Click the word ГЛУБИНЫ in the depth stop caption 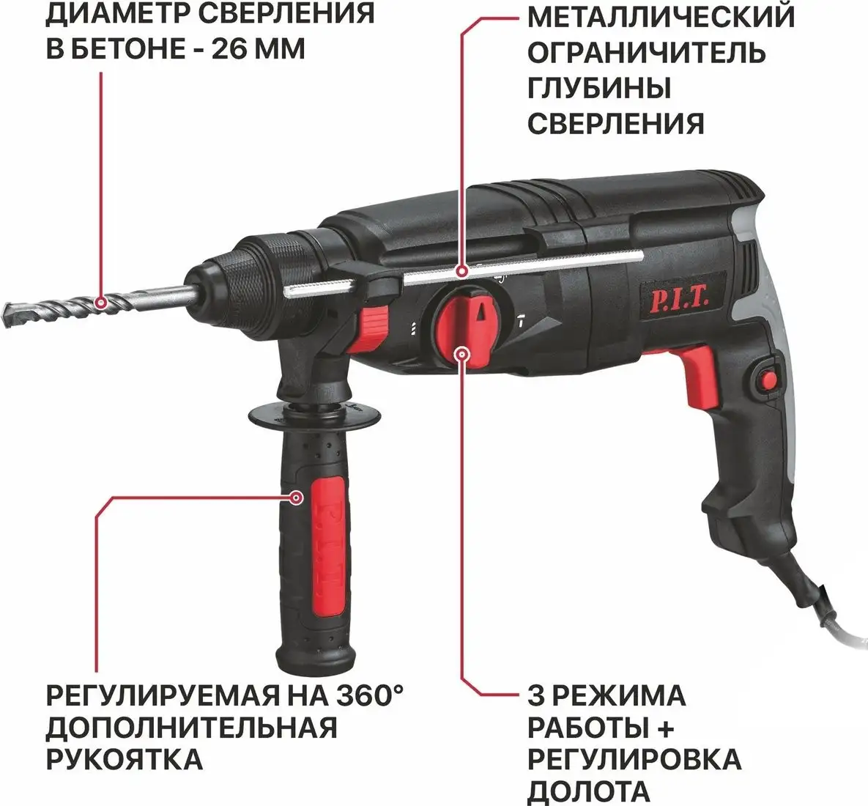click(599, 87)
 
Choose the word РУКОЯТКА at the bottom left click(125, 758)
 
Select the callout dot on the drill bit click(101, 301)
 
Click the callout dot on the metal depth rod click(461, 272)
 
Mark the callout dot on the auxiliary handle click(296, 498)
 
